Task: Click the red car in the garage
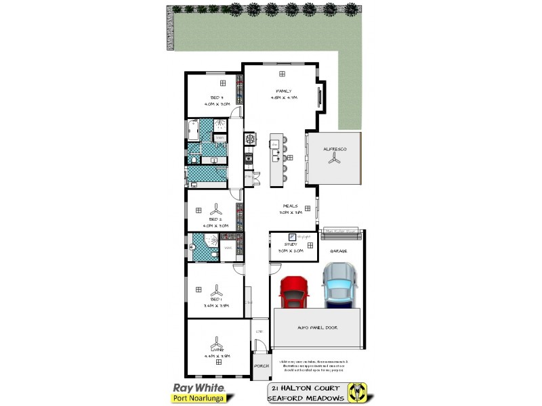294,291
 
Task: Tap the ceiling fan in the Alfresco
333,158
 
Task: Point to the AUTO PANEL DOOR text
317,328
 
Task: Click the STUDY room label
283,244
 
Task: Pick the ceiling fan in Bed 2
215,208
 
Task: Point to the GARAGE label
338,251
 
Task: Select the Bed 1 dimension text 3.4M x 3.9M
216,305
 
